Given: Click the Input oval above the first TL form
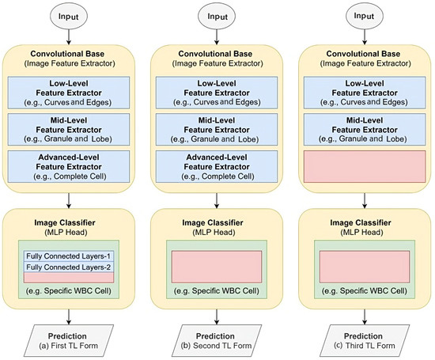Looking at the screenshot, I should click(x=71, y=16).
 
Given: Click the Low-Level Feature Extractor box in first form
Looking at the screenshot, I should click(x=71, y=93).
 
